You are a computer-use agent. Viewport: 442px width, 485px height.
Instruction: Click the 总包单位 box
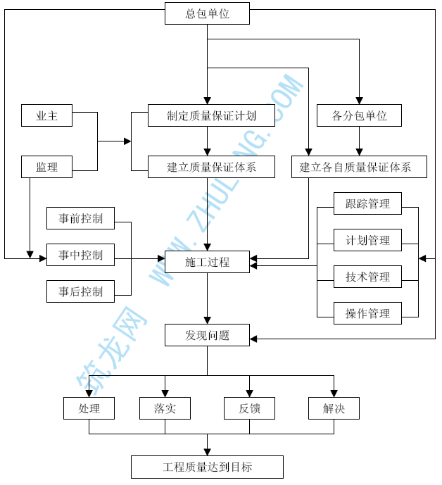(207, 13)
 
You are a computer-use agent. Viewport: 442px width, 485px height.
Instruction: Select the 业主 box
(46, 115)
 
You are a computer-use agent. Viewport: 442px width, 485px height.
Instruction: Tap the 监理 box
(46, 167)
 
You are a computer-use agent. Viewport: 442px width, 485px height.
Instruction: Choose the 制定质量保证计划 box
(211, 115)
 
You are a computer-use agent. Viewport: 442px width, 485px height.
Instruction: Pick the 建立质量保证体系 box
(211, 167)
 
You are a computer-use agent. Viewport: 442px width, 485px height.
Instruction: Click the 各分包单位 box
(359, 115)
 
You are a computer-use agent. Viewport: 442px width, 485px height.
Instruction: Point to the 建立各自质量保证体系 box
(359, 167)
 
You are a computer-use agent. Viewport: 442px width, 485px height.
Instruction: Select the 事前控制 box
(80, 218)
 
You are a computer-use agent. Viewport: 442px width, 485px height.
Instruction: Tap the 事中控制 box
(80, 255)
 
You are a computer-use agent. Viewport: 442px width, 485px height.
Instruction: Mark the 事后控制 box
(80, 291)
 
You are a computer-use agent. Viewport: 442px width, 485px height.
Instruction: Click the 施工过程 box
(207, 263)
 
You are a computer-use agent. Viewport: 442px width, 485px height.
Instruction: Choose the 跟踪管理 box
(367, 204)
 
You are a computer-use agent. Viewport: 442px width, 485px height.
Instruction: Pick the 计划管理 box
(367, 241)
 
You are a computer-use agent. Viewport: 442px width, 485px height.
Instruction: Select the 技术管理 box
(367, 277)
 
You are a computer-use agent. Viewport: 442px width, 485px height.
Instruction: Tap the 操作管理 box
(367, 314)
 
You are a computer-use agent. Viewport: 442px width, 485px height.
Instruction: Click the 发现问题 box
(207, 335)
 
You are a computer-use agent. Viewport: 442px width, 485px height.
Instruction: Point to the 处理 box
(89, 408)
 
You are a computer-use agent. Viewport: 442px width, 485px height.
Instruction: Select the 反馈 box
(249, 408)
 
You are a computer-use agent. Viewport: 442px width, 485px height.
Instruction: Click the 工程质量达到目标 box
(207, 467)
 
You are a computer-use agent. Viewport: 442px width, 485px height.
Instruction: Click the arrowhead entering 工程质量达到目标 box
(207, 451)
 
